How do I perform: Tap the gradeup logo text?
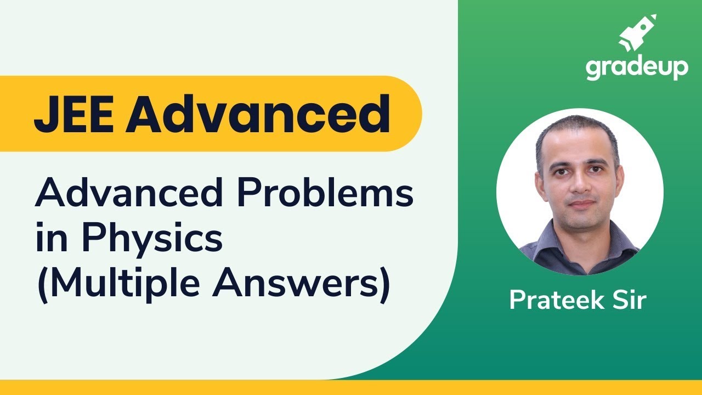coord(636,69)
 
